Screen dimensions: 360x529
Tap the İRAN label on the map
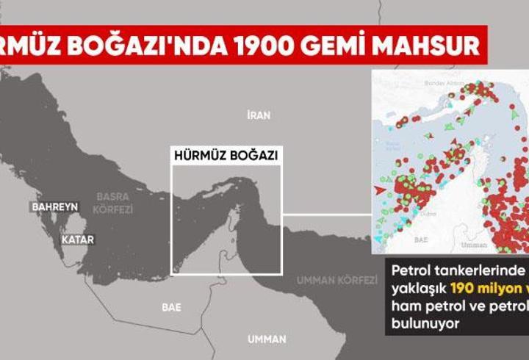point(258,115)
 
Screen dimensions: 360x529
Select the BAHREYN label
point(54,207)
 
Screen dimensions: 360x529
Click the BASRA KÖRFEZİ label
point(112,203)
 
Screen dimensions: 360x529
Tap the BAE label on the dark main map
point(171,307)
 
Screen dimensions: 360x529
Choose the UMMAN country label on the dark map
point(267,339)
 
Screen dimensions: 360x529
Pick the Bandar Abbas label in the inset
point(443,84)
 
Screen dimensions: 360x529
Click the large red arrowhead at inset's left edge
point(380,190)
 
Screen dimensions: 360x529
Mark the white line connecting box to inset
point(325,215)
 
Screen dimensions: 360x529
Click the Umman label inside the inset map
point(473,245)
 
